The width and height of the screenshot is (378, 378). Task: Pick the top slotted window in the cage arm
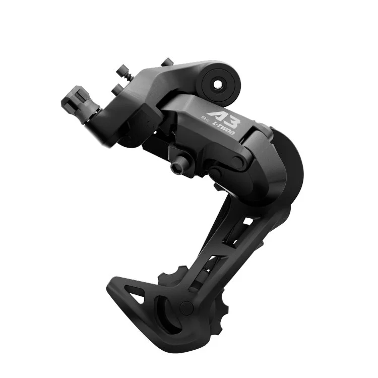pos(247,222)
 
